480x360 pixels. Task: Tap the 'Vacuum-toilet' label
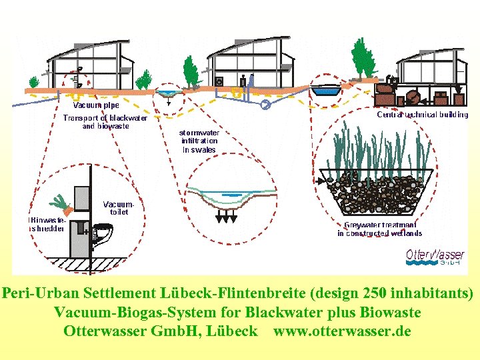click(119, 207)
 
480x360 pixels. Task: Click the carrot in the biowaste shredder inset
click(61, 201)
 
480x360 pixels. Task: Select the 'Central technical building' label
click(423, 115)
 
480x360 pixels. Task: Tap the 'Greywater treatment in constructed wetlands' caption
click(379, 229)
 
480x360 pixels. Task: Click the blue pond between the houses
click(328, 91)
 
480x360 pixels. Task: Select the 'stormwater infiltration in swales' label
click(199, 141)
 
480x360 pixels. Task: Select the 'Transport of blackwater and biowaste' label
click(105, 122)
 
